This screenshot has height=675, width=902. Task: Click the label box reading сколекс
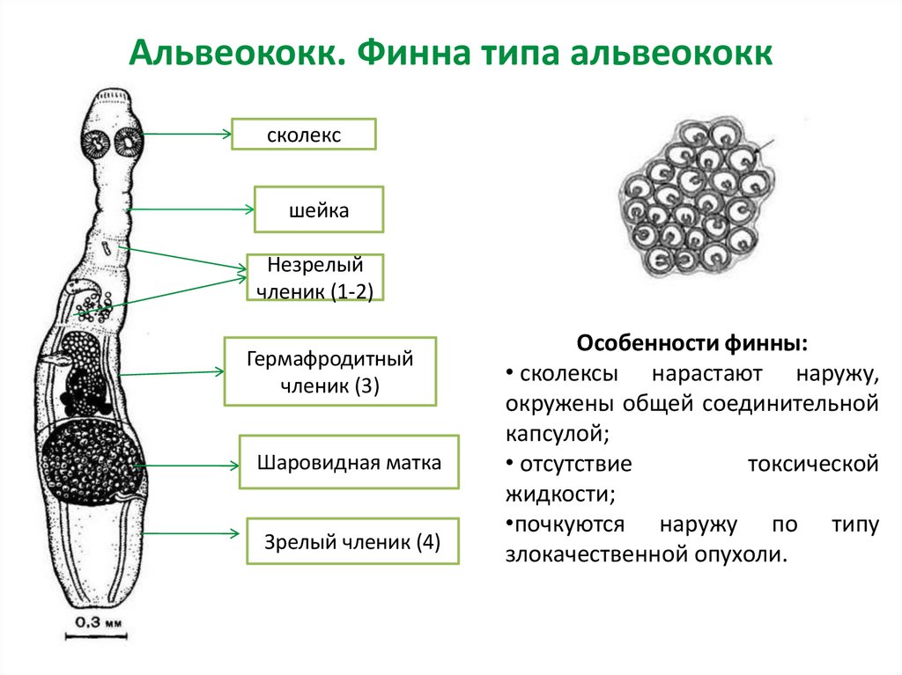(x=304, y=134)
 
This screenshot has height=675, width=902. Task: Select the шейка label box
(x=318, y=209)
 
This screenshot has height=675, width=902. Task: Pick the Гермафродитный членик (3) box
(x=329, y=371)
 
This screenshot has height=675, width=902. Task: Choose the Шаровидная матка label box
(x=349, y=461)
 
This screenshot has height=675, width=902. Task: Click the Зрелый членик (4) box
(x=351, y=540)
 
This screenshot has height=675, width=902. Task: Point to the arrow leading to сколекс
(x=186, y=134)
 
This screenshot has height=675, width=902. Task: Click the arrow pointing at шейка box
(x=190, y=209)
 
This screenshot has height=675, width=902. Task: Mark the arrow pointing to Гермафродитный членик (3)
(x=171, y=373)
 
